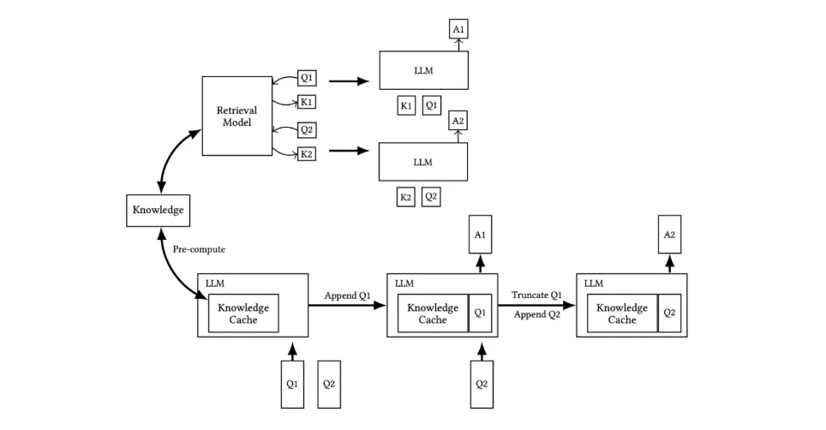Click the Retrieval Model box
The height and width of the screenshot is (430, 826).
click(236, 116)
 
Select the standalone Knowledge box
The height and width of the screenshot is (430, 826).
click(157, 210)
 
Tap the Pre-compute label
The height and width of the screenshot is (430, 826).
click(198, 249)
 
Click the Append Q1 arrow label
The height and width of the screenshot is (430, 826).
click(347, 296)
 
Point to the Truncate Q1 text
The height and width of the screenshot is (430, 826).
click(536, 295)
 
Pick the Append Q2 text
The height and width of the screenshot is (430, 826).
click(536, 314)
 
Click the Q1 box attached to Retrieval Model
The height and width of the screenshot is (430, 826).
click(307, 78)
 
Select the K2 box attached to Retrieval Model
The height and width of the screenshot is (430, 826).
click(306, 154)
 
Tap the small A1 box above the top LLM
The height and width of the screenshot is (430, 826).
click(458, 30)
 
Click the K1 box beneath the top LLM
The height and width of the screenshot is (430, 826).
click(406, 105)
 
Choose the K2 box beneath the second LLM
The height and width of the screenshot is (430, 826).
click(406, 197)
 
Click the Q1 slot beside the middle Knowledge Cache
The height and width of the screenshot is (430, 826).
click(480, 314)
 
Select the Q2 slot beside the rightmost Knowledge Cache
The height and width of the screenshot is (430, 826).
click(669, 314)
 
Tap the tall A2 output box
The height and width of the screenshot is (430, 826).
click(670, 234)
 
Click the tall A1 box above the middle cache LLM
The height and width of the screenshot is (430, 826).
click(481, 234)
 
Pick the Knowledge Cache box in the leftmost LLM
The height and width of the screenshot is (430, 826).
click(243, 314)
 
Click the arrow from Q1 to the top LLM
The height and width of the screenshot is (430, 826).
click(348, 82)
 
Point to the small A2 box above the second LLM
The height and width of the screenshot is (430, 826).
click(458, 122)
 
